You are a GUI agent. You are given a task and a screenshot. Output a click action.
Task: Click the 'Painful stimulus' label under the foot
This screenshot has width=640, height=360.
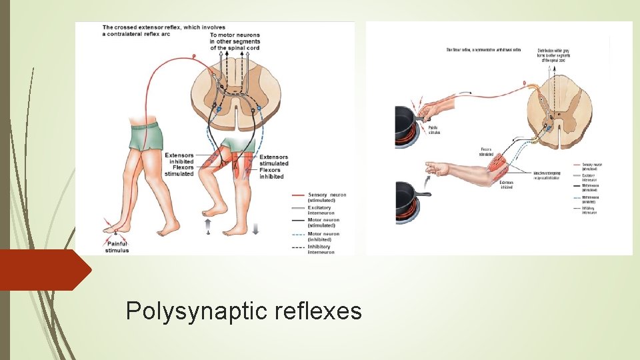(x=117, y=247)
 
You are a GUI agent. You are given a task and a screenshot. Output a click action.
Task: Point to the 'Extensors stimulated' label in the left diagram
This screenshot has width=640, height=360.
(x=274, y=160)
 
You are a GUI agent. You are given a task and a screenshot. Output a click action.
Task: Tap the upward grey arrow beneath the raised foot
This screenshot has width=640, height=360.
(x=208, y=225)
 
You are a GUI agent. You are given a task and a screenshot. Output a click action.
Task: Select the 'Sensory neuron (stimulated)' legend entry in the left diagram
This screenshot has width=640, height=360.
(x=327, y=197)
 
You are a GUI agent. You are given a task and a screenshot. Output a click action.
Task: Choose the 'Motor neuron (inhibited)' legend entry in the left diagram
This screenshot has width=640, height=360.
(x=323, y=237)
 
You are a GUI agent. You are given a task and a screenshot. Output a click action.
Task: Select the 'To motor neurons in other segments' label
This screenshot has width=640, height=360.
(x=235, y=41)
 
